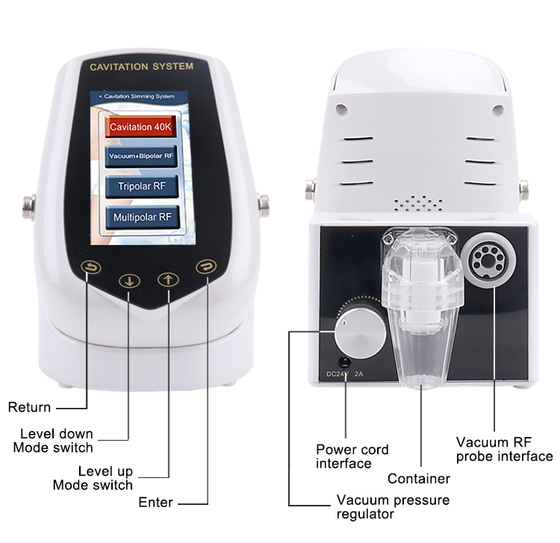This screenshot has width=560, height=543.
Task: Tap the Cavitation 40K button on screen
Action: coord(140,127)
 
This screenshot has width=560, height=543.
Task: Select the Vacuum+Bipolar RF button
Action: coord(140,156)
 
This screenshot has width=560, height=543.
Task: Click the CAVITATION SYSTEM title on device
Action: coord(141,66)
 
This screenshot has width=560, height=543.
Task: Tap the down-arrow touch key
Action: coord(130,282)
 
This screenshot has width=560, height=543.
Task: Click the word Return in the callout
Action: coord(29,407)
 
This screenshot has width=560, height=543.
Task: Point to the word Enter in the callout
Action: coord(156,502)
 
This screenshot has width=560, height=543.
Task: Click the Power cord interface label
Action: coord(352,456)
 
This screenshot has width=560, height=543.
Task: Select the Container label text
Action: coord(418,479)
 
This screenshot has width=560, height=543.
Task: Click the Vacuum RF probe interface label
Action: coord(504,449)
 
